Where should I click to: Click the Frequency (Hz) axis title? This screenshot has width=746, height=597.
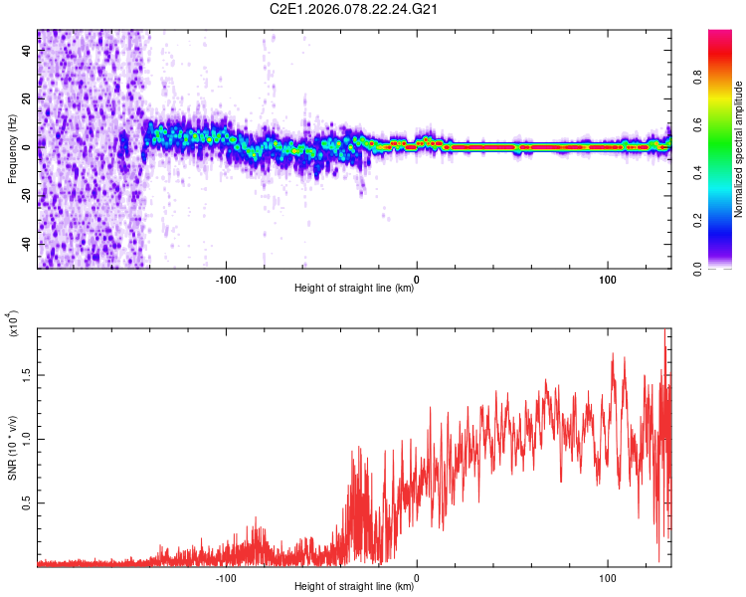click(x=12, y=149)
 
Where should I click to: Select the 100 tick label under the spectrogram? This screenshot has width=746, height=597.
click(x=607, y=279)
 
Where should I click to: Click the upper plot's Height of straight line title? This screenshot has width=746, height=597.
click(x=354, y=289)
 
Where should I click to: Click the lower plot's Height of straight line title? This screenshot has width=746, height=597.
click(x=354, y=587)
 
